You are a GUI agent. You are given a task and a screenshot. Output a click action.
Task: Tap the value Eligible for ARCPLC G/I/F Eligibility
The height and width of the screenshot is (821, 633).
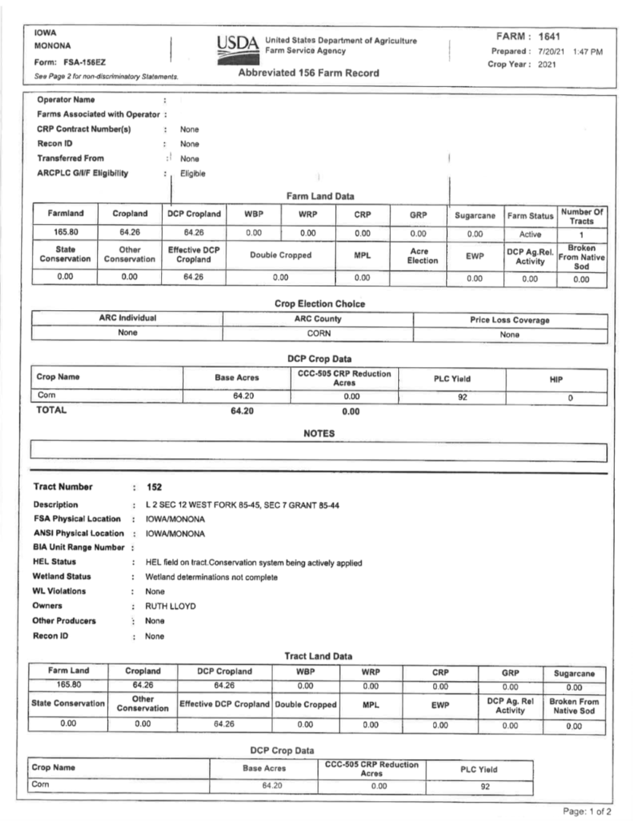pyautogui.click(x=192, y=173)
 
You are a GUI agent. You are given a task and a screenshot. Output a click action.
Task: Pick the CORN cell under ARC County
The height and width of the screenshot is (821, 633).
pyautogui.click(x=318, y=333)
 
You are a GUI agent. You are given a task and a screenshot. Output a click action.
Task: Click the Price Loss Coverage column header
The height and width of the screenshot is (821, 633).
pyautogui.click(x=510, y=319)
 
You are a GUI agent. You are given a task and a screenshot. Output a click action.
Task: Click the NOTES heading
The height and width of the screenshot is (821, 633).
pyautogui.click(x=319, y=433)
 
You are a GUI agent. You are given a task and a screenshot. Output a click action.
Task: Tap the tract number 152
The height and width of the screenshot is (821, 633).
pyautogui.click(x=154, y=487)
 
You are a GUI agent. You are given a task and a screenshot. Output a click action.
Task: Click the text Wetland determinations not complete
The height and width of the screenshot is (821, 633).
pyautogui.click(x=211, y=577)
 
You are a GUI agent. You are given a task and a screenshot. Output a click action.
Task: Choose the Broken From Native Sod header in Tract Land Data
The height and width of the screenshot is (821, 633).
pyautogui.click(x=574, y=705)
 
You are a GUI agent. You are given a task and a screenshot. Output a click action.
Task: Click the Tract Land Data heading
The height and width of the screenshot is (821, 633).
pyautogui.click(x=318, y=655)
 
